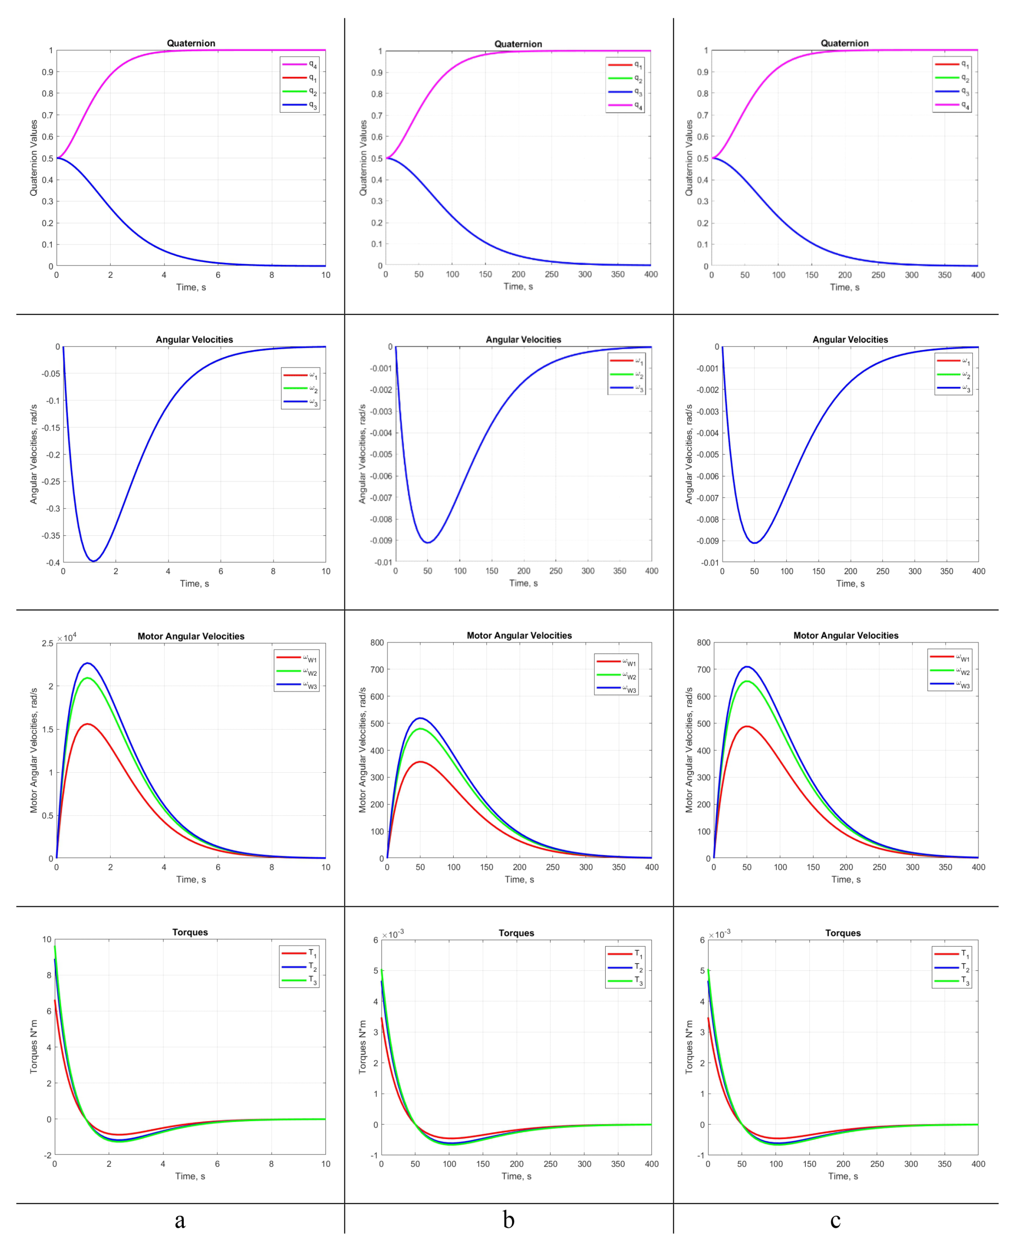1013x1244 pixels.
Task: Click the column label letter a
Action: click(x=180, y=1219)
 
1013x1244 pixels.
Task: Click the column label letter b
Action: click(x=508, y=1219)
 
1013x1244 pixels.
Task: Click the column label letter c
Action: click(x=835, y=1219)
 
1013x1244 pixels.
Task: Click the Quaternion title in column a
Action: click(x=191, y=43)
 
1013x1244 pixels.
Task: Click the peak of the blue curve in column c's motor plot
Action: click(x=746, y=666)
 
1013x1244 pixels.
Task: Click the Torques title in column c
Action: click(x=843, y=933)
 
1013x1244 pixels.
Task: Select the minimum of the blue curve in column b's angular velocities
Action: click(x=428, y=543)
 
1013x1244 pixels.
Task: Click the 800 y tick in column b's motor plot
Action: click(x=377, y=643)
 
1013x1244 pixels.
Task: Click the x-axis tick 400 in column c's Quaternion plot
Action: click(x=977, y=275)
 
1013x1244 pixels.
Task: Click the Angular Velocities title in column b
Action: click(x=523, y=339)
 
